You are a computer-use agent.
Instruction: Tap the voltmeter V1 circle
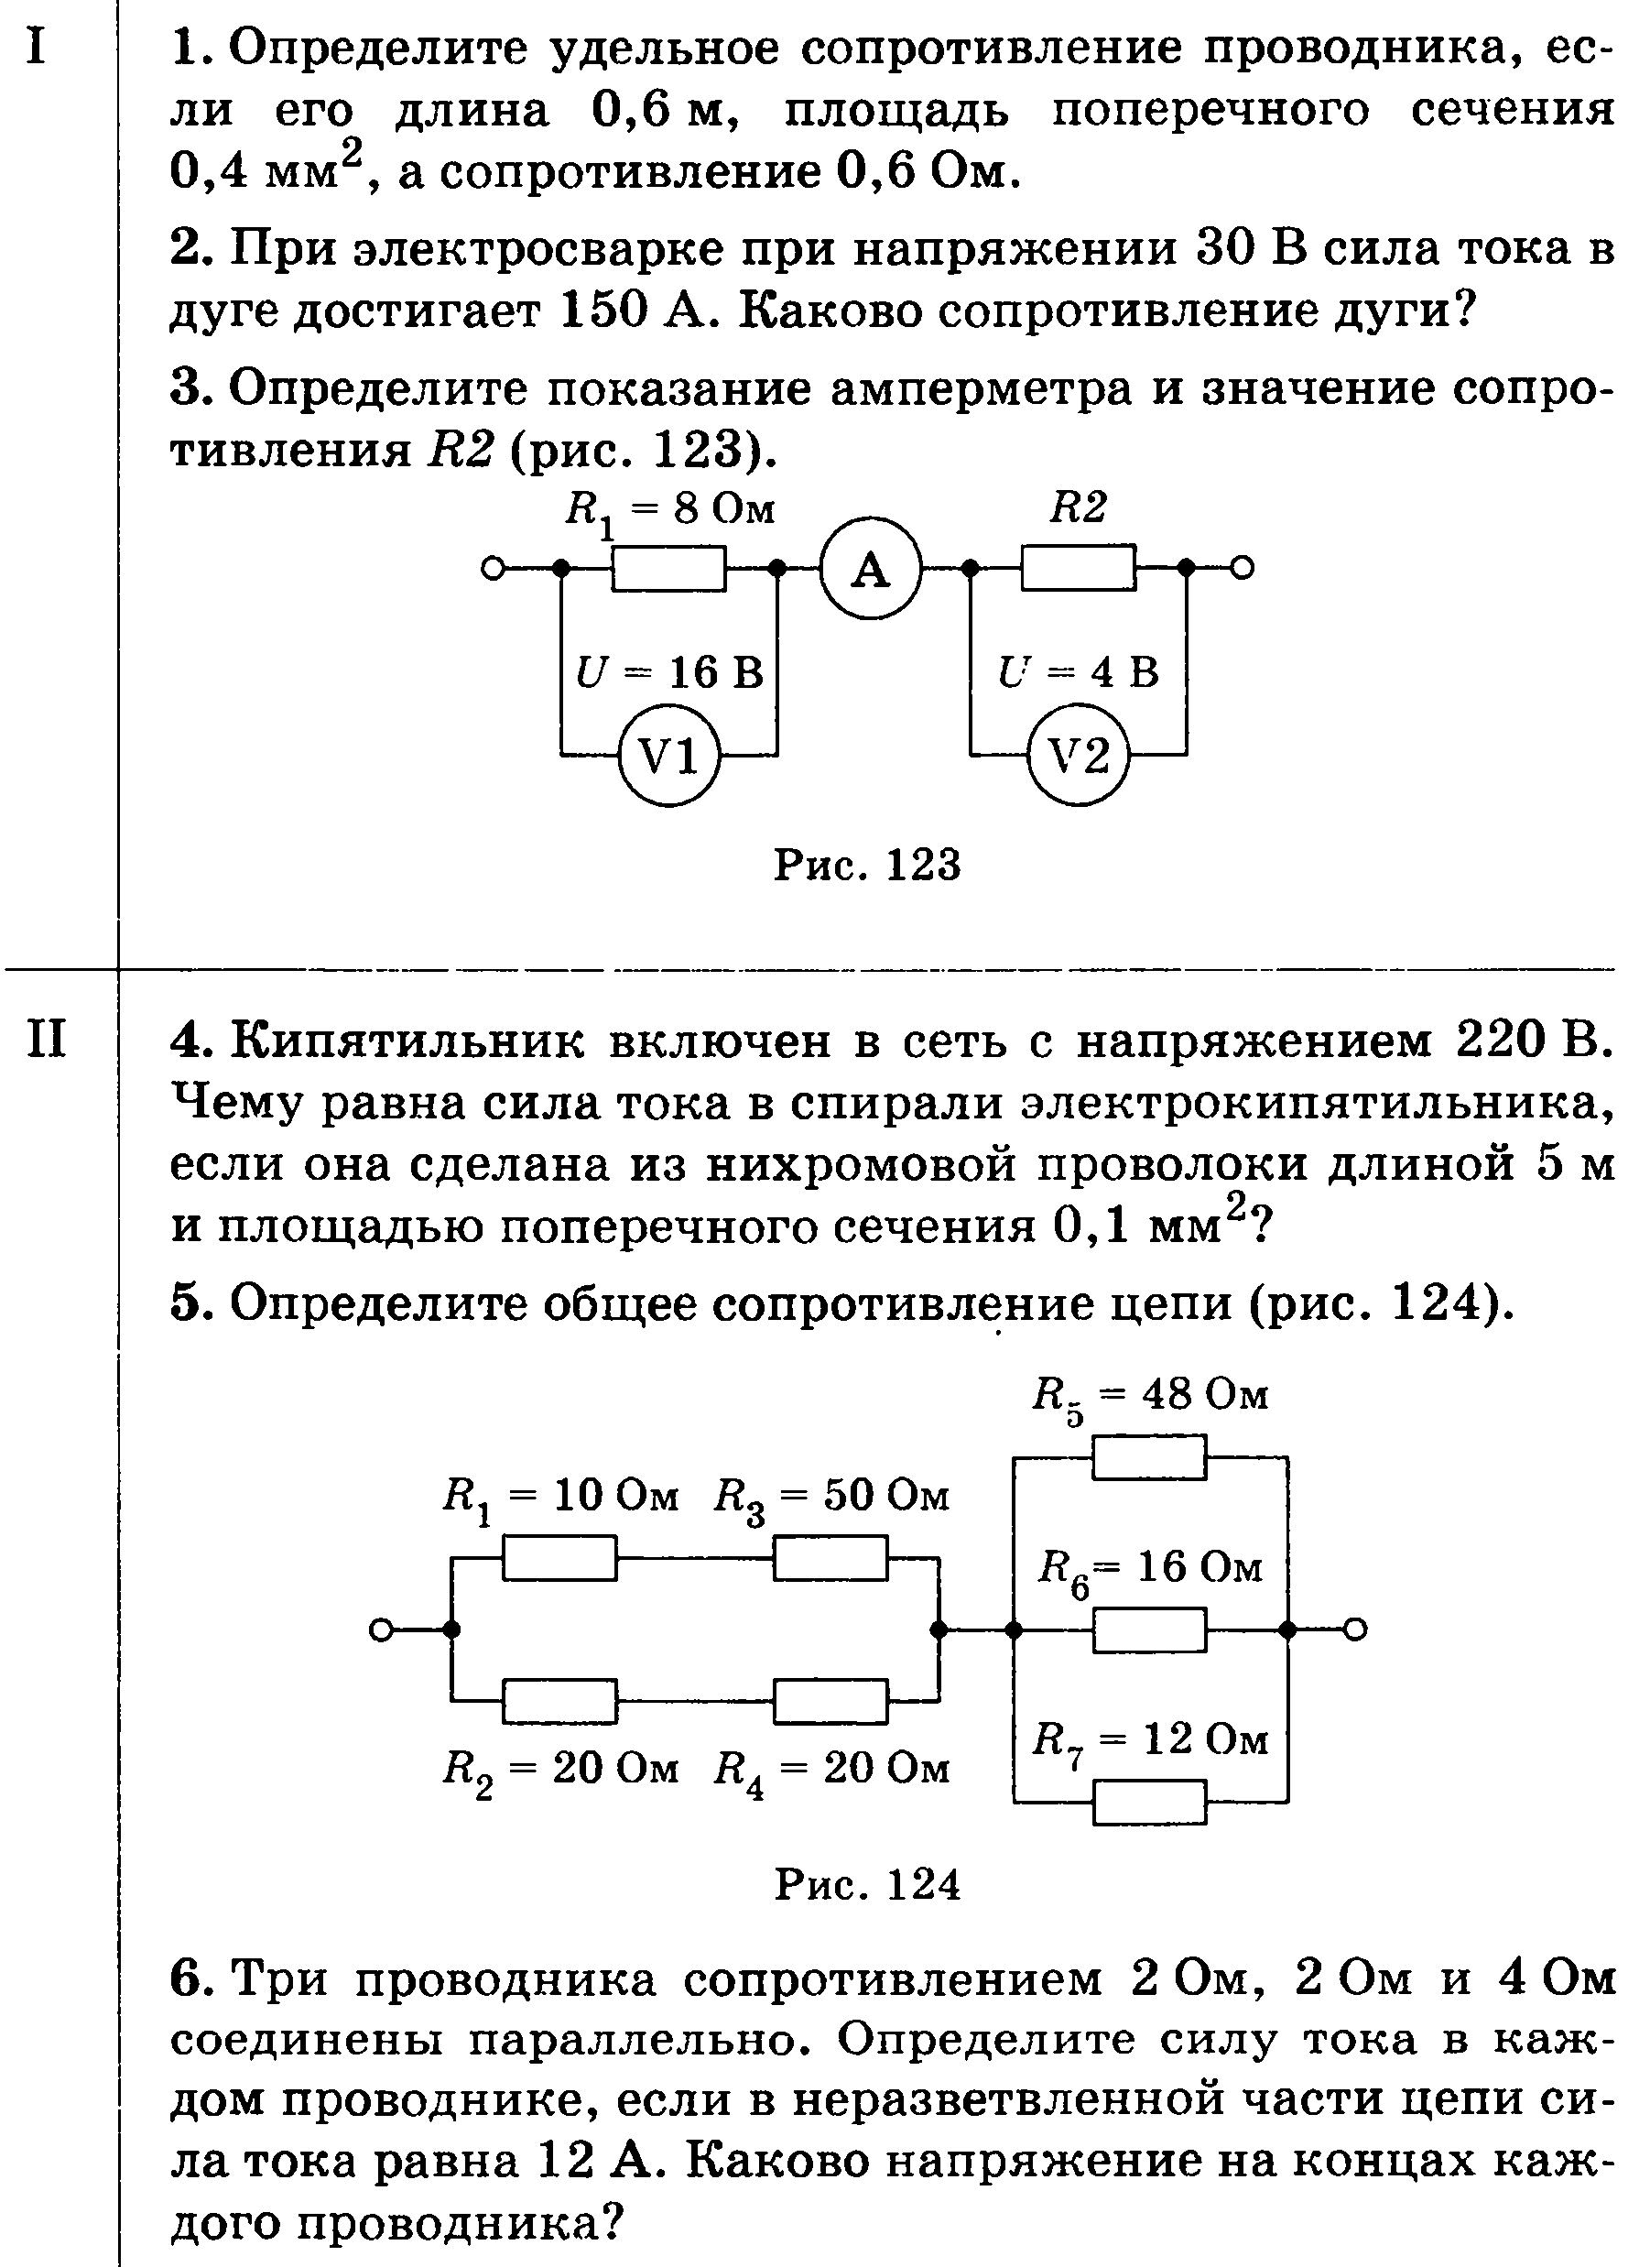coord(668,756)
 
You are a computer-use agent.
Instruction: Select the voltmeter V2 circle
coord(1079,756)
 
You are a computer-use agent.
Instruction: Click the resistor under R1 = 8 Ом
coord(668,569)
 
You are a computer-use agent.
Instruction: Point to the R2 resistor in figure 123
coord(1079,569)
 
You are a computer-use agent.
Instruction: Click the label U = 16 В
coord(669,671)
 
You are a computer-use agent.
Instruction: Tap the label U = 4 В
coord(1079,671)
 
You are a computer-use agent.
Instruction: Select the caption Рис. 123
coord(867,865)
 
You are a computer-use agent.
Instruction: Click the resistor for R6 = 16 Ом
coord(1149,1630)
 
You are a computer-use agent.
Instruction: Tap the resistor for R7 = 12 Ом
coord(1149,1803)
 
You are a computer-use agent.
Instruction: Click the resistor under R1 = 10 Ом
coord(559,1558)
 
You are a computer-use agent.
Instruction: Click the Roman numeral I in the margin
coord(37,45)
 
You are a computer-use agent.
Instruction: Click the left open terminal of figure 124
coord(380,1630)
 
